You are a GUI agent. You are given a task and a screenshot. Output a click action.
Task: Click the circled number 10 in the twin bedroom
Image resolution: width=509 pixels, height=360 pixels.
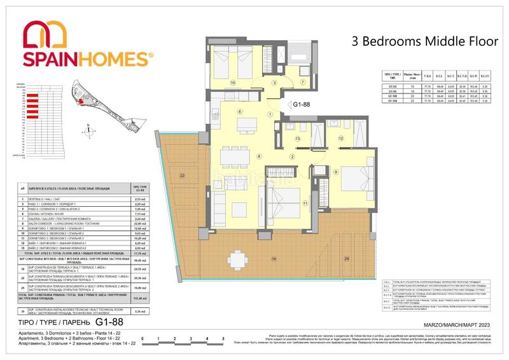tap(233, 83)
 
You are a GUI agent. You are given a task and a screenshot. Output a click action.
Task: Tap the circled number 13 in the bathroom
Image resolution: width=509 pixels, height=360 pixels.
tap(297, 138)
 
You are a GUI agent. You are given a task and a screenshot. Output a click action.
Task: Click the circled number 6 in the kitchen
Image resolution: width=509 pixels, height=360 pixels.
tap(240, 112)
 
